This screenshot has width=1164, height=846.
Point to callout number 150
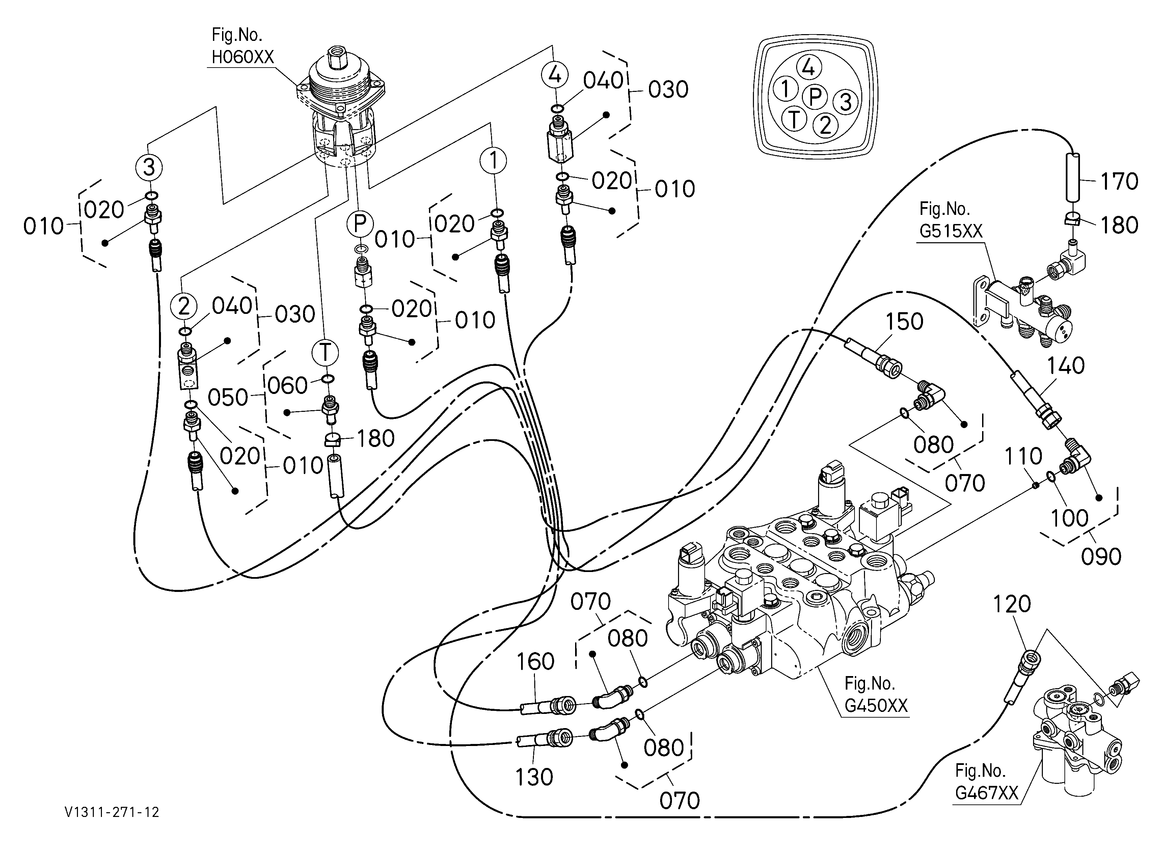tap(904, 322)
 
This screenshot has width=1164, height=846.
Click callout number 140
tap(1065, 366)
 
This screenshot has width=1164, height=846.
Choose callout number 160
tap(535, 662)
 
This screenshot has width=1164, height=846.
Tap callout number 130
tap(534, 777)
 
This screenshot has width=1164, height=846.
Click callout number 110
tap(1023, 456)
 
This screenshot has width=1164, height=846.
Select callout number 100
tap(1070, 518)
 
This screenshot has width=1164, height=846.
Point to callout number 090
tap(1101, 557)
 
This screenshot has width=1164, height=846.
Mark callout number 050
tap(228, 398)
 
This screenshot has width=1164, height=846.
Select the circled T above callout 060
tap(325, 352)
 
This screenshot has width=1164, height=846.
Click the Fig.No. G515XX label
tap(950, 220)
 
